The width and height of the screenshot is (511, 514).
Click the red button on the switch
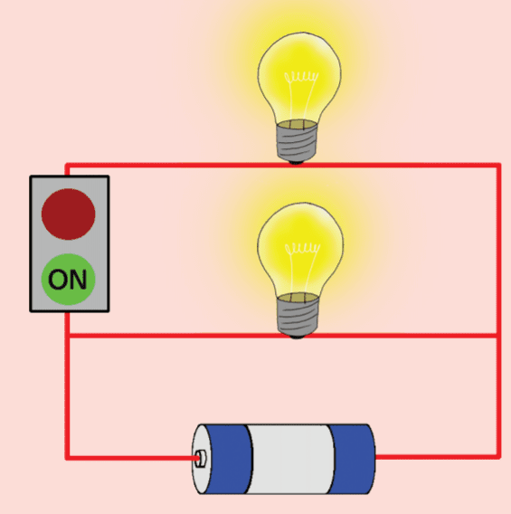[69, 214]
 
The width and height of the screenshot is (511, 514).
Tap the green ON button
[69, 280]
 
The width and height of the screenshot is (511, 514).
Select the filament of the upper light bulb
[301, 78]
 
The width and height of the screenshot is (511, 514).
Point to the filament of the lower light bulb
[302, 249]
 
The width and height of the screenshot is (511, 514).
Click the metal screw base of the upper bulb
[297, 140]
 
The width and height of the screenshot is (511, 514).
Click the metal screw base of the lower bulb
[298, 314]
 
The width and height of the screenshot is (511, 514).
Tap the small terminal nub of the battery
[200, 459]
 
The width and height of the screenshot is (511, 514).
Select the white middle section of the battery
[290, 459]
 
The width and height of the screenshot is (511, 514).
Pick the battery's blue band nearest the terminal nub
[228, 459]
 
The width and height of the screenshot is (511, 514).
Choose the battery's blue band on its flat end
[352, 459]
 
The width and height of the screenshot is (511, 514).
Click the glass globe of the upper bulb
[299, 77]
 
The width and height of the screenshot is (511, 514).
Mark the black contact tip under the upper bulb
[297, 162]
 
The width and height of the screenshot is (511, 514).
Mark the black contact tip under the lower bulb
[297, 336]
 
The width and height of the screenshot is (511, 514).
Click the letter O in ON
[58, 280]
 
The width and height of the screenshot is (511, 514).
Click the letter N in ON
[78, 280]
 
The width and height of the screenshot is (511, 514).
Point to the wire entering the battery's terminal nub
[132, 457]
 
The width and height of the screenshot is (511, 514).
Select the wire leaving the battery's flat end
[438, 456]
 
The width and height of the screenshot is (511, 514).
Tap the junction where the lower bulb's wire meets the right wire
[498, 336]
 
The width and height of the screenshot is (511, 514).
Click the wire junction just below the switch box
[68, 336]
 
